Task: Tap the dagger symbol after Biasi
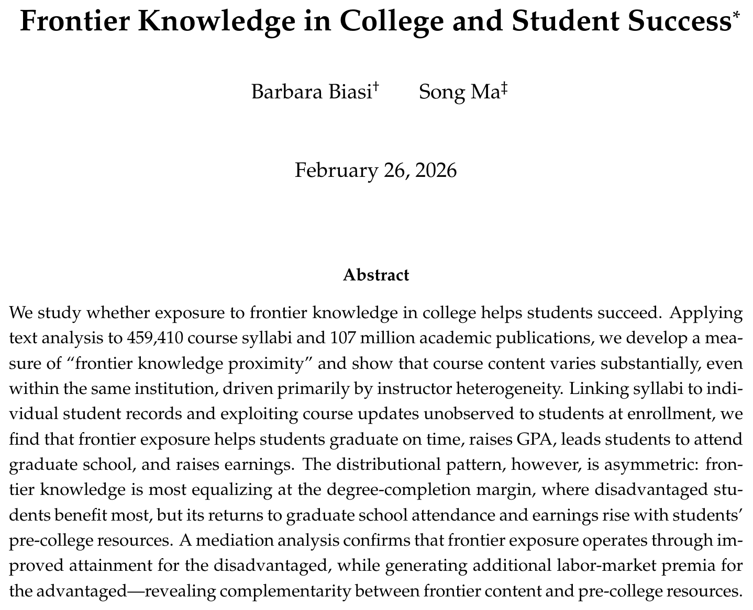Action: (x=376, y=88)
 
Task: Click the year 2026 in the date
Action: (x=435, y=171)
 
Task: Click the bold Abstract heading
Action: (x=376, y=275)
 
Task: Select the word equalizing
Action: (x=262, y=490)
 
